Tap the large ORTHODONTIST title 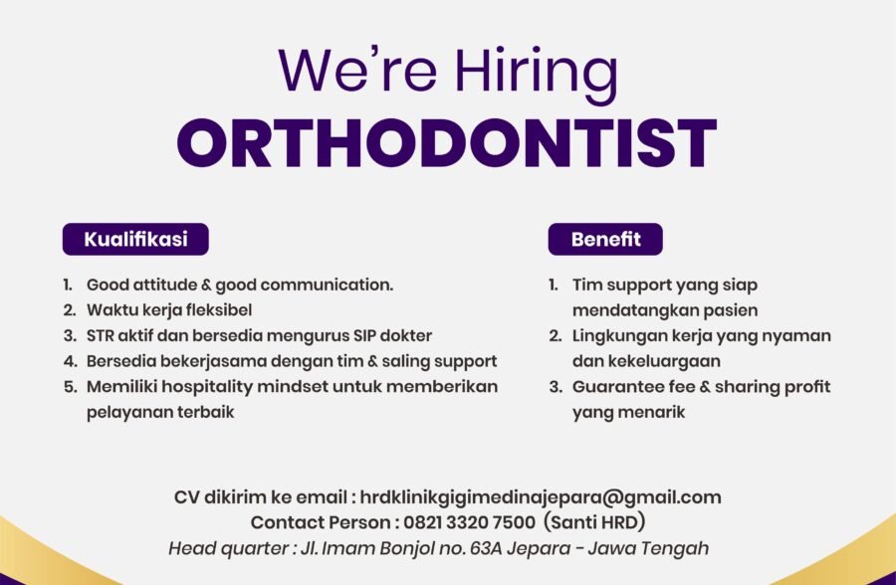[x=447, y=143]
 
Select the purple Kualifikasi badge [x=135, y=239]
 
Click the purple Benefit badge [x=604, y=239]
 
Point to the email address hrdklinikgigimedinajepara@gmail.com [x=541, y=497]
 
